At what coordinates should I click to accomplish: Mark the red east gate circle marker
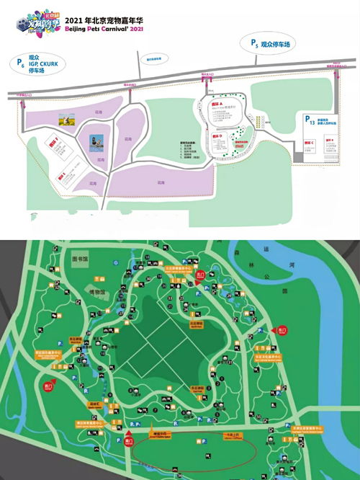[x=282, y=330]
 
